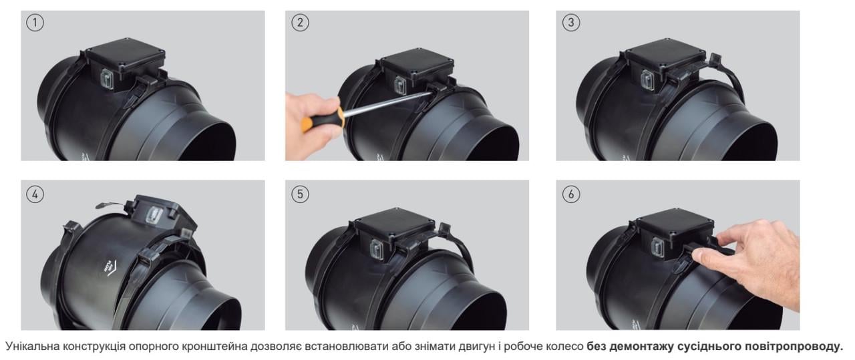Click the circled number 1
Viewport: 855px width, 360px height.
(35, 23)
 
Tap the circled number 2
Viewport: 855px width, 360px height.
(300, 23)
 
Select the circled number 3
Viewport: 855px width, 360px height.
(571, 23)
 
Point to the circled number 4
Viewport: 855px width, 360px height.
(35, 194)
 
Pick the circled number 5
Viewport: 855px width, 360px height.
(300, 194)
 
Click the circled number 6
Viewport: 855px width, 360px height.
(571, 194)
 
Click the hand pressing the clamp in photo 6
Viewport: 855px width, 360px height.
(748, 260)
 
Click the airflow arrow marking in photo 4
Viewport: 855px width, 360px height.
(108, 266)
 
